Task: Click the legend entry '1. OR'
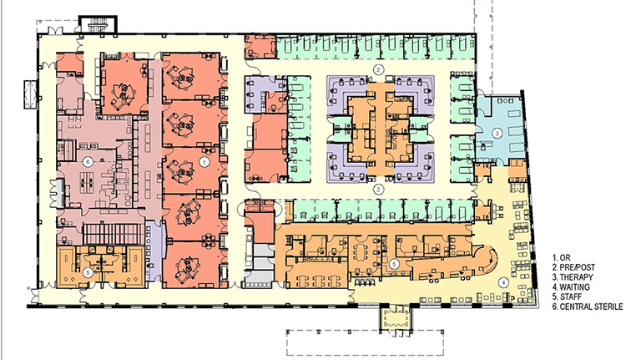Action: pos(562,258)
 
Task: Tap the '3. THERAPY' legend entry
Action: pos(573,277)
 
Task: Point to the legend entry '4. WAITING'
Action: pos(571,287)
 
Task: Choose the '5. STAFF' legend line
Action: pos(567,297)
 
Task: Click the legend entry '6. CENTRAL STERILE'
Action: pos(588,307)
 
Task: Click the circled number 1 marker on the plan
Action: pos(204,163)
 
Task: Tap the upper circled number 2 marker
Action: pos(378,69)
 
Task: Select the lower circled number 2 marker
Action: pos(378,189)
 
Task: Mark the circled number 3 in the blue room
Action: pos(497,133)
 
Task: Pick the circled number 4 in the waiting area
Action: pos(503,282)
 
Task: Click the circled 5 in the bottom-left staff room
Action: pos(88,272)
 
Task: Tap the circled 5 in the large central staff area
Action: pos(394,265)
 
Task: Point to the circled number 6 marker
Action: pos(88,162)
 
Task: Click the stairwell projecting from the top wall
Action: pos(98,25)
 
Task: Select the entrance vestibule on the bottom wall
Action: pos(395,318)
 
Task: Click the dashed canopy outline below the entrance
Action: pos(366,343)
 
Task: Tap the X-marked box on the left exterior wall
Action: pos(31,94)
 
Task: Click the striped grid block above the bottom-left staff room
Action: pos(113,235)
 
